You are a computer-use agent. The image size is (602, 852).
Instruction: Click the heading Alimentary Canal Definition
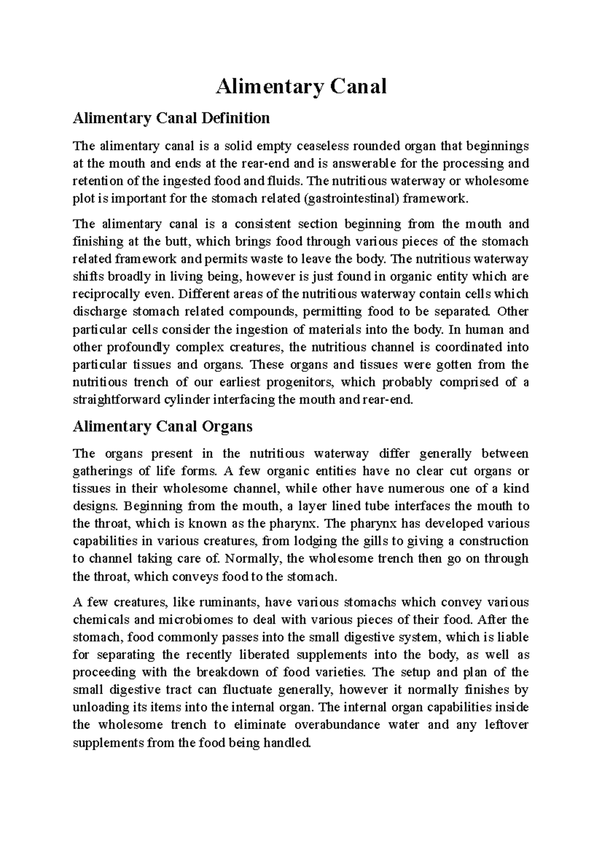tap(171, 118)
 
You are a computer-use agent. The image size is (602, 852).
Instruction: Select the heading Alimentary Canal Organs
tap(163, 427)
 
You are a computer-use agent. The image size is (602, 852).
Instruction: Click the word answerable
tap(366, 164)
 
